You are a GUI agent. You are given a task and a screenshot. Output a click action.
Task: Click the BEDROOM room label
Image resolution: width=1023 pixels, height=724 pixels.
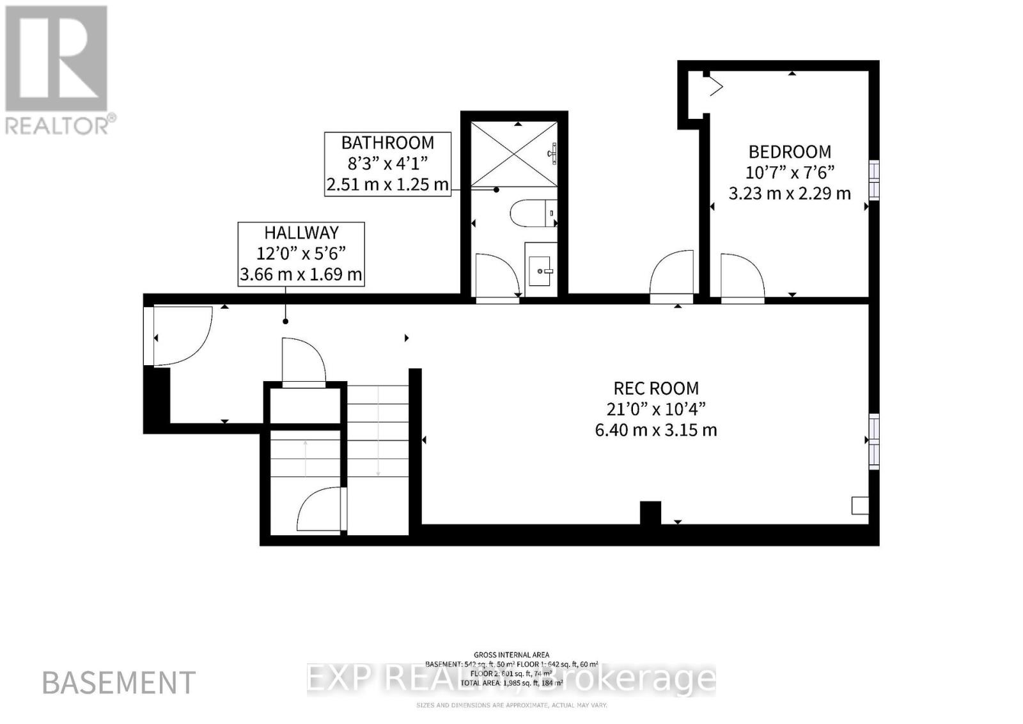790,152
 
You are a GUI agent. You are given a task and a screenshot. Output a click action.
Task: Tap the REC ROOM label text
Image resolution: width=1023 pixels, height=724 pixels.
656,388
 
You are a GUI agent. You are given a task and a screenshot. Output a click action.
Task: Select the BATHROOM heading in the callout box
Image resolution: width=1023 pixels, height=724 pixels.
387,143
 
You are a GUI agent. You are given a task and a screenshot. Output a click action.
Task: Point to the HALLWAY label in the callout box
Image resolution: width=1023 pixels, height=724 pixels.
301,233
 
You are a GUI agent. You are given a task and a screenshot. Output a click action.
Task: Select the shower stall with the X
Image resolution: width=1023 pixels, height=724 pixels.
514,153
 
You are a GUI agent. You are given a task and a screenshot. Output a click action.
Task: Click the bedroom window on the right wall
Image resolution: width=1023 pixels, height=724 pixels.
873,180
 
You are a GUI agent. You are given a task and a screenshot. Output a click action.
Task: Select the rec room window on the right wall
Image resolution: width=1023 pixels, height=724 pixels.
873,441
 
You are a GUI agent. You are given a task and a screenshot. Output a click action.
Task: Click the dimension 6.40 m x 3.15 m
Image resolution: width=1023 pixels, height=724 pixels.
656,430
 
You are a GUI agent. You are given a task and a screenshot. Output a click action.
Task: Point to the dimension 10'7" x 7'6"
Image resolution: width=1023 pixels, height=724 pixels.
790,173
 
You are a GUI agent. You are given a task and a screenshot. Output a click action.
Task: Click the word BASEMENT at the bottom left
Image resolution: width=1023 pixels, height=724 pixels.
119,683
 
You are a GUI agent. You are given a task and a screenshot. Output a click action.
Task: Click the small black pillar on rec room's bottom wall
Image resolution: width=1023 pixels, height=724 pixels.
650,513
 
